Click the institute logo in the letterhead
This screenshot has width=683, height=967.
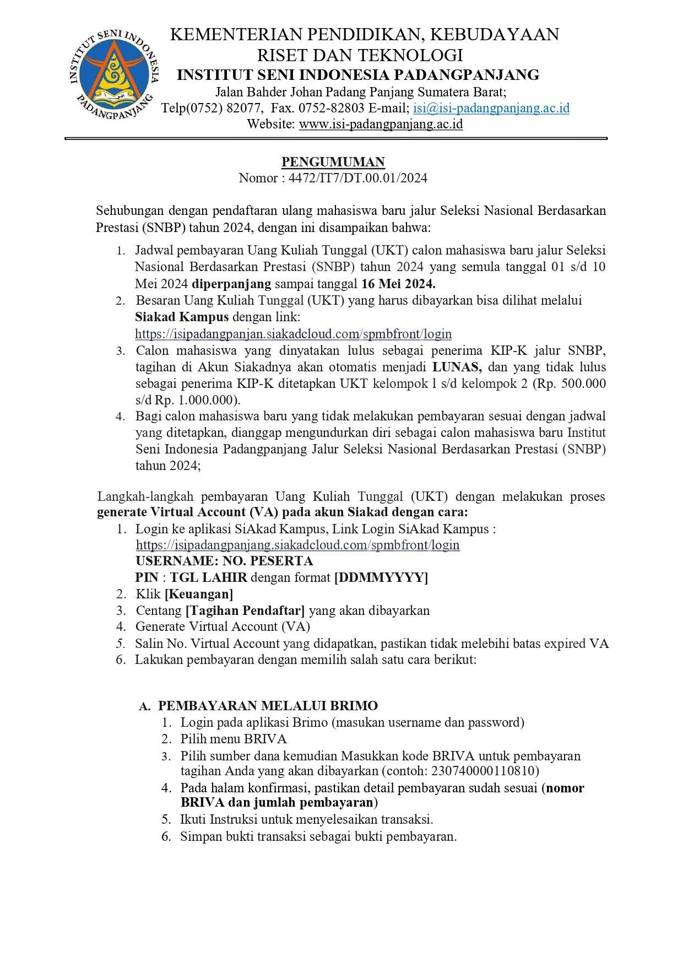[x=115, y=75]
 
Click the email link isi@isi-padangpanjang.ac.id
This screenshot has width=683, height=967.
[x=491, y=108]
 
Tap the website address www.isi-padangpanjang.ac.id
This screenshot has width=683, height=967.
[x=381, y=124]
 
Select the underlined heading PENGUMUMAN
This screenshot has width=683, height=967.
[x=333, y=162]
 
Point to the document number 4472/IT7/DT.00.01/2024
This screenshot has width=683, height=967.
[x=357, y=178]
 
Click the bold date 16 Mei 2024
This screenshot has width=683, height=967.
[x=398, y=284]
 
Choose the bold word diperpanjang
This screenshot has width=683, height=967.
[x=231, y=284]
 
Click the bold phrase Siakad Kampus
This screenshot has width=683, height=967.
[x=182, y=317]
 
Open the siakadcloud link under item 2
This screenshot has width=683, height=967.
[x=293, y=334]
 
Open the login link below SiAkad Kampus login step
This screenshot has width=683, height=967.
[x=297, y=545]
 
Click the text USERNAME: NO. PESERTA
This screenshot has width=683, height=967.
[x=224, y=561]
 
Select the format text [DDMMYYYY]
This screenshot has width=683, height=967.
[x=381, y=577]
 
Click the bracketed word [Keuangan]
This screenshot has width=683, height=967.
[x=199, y=594]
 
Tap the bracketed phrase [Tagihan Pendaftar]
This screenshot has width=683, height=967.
[x=245, y=611]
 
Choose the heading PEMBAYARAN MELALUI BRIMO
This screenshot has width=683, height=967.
[x=268, y=706]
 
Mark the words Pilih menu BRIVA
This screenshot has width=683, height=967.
[x=234, y=739]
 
